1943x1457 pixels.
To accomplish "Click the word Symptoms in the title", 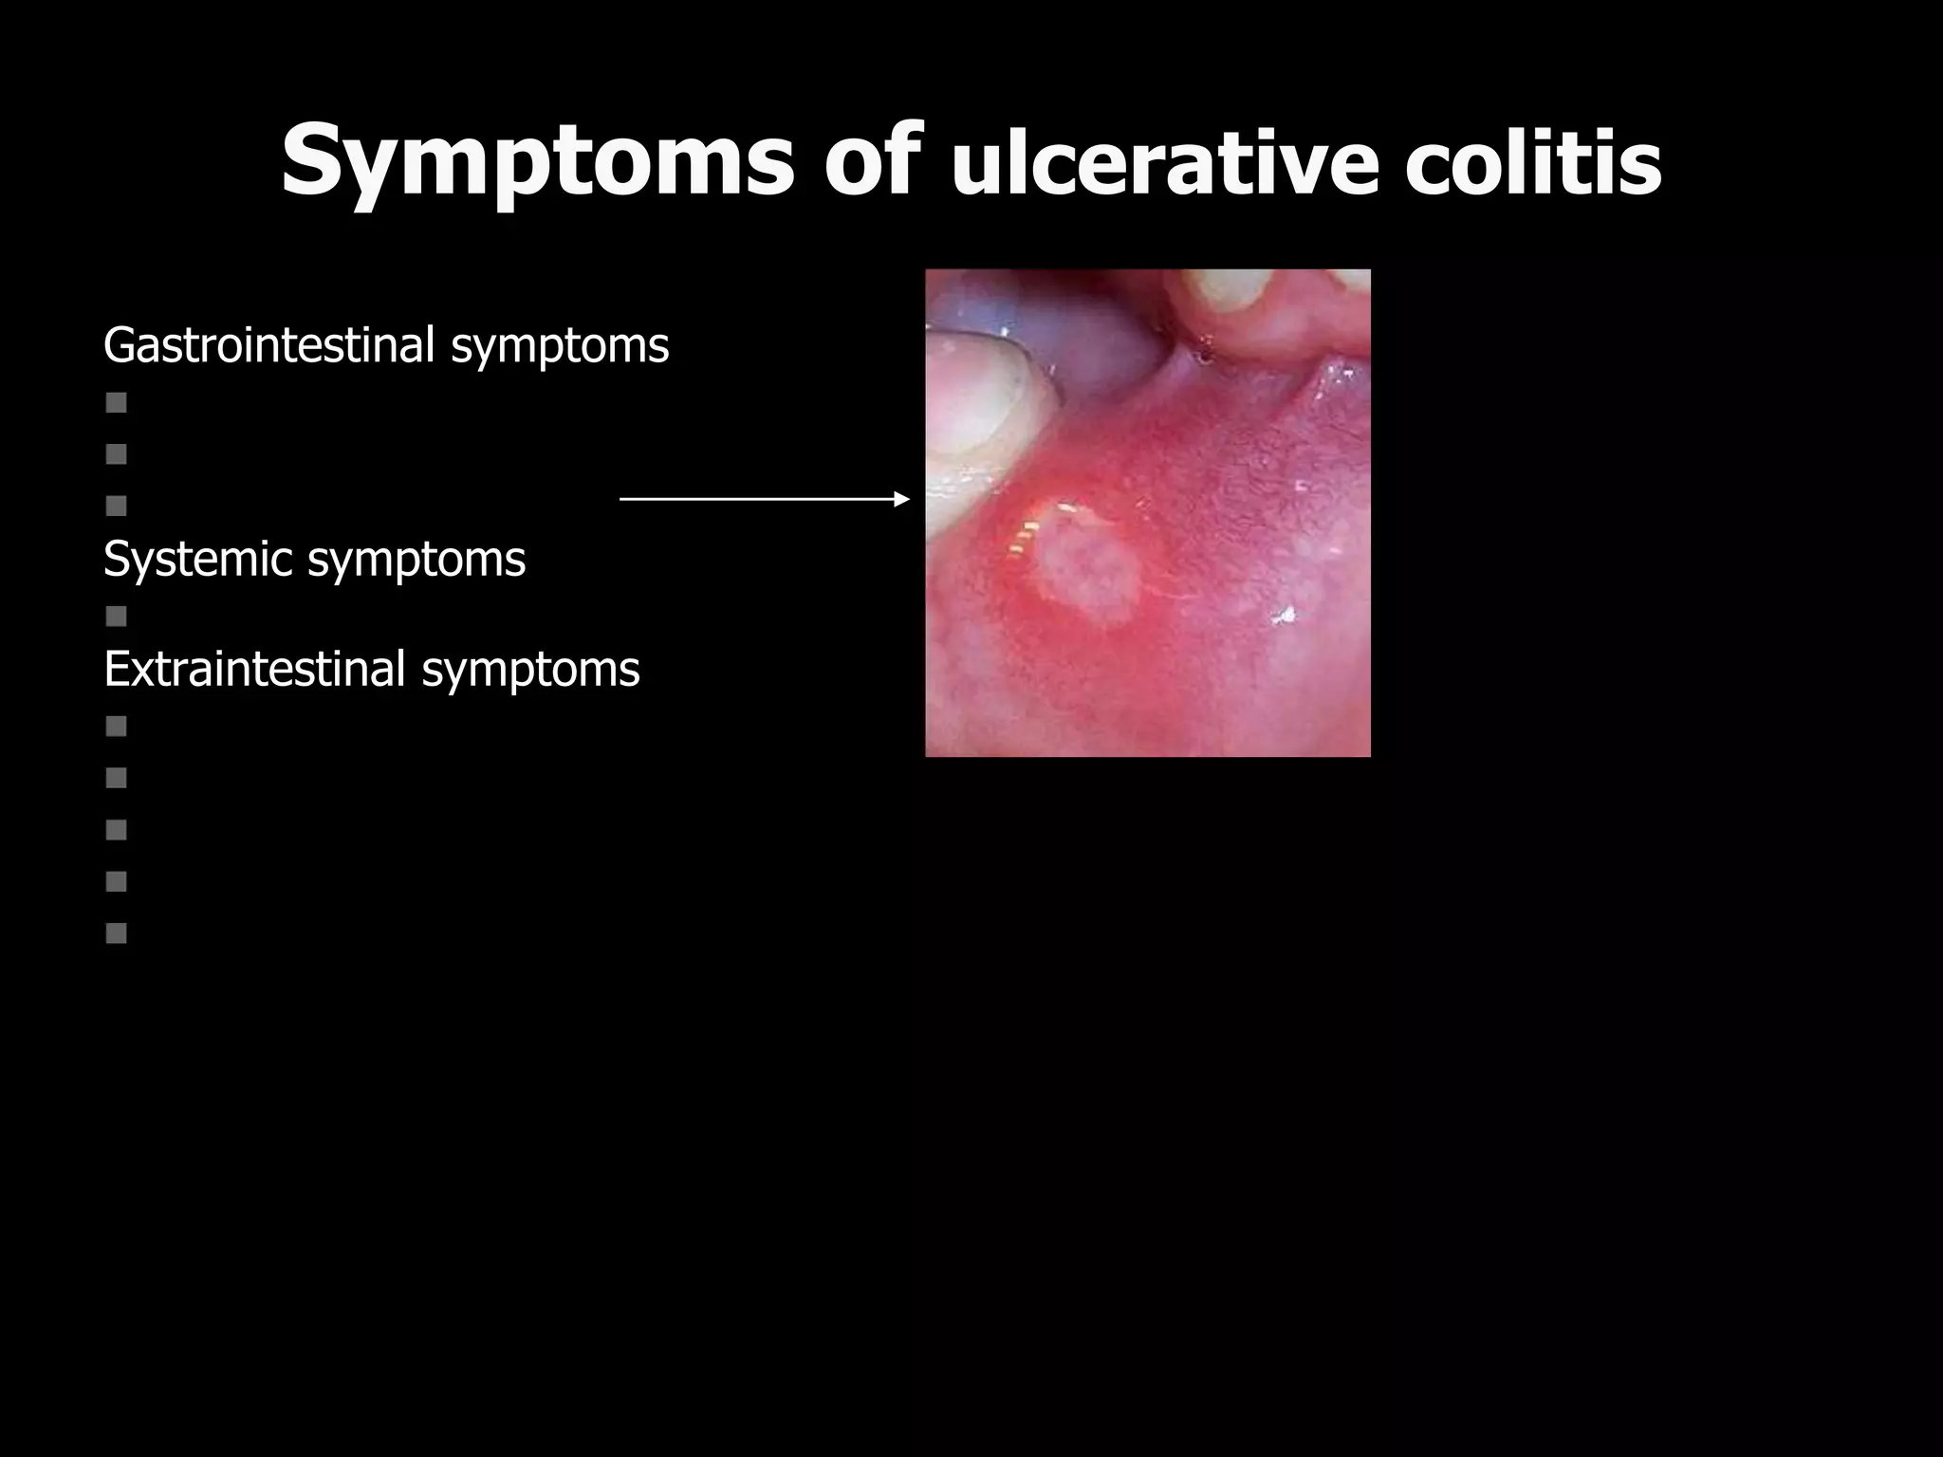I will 537,161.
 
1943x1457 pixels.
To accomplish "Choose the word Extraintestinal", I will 254,669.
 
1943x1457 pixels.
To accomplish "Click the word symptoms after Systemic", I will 416,561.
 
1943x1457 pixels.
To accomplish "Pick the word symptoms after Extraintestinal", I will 530,671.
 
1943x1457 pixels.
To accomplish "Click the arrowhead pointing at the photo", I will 902,499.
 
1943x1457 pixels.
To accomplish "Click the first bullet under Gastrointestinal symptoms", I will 117,403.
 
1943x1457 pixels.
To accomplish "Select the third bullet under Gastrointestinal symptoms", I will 117,506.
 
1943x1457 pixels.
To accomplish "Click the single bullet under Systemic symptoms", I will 117,618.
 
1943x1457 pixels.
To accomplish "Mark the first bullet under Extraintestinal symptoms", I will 117,727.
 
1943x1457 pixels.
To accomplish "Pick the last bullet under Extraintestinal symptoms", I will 117,933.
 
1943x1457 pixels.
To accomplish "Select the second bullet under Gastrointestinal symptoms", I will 117,454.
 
